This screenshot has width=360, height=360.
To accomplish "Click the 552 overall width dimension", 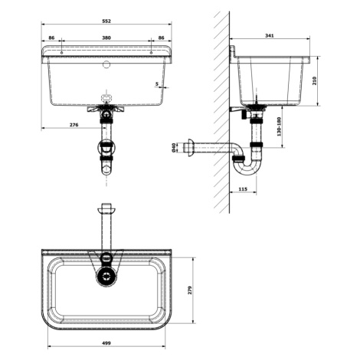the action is point(106,21).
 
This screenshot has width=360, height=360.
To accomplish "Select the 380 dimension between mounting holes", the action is point(106,38).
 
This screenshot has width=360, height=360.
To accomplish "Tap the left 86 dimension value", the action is point(51,38).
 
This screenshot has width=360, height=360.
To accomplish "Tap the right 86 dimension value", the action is point(161,38).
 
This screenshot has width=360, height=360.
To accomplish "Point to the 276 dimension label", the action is point(74,125).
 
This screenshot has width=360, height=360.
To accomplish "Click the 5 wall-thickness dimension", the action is point(157,83).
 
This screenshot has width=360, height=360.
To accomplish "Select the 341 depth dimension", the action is point(270,35).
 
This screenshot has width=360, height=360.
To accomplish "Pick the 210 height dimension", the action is point(314,81).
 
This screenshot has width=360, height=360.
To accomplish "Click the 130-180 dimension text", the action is point(279,126).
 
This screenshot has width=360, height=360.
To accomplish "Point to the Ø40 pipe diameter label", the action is point(174,148).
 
